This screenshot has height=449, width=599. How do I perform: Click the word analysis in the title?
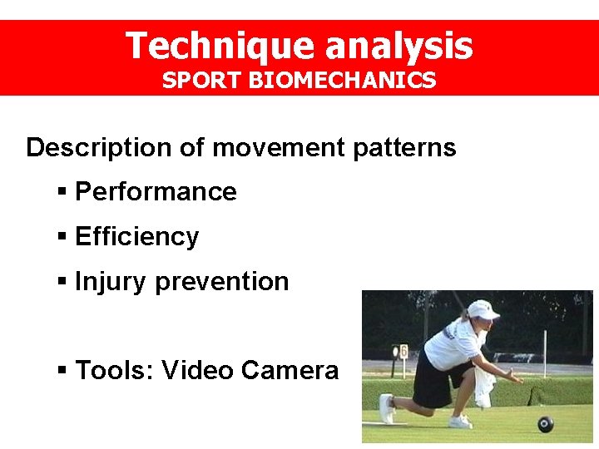399,46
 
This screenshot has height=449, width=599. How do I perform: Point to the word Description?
98,148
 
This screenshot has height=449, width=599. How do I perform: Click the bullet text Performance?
156,192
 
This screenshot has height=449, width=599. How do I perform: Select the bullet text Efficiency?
137,237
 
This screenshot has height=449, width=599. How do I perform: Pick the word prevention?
222,282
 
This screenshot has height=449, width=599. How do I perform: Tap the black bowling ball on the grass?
545,423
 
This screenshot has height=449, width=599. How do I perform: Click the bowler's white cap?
483,309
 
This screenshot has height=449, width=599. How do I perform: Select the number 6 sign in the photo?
403,352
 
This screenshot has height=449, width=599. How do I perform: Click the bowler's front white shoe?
387,409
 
